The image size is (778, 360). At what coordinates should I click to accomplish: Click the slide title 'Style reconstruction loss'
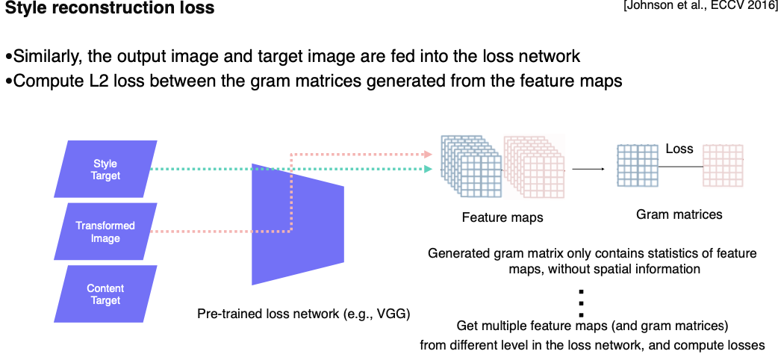tap(110, 10)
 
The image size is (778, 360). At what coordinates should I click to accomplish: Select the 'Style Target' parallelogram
tap(105, 170)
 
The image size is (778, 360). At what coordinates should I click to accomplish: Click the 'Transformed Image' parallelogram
tap(105, 232)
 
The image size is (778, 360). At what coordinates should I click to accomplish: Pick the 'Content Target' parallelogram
tap(105, 294)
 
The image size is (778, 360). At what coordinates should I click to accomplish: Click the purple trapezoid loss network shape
tap(297, 223)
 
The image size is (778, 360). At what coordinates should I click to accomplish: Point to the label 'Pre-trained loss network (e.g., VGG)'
tap(304, 313)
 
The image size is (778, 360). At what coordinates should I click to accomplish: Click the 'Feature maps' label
tap(502, 218)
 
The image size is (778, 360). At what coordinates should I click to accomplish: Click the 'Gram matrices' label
tap(679, 214)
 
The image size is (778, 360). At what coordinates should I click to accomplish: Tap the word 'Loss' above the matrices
tap(679, 149)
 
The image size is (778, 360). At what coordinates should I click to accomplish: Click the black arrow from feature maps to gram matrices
tap(588, 169)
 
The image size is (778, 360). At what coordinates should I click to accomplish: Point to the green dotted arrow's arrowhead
tap(429, 170)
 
